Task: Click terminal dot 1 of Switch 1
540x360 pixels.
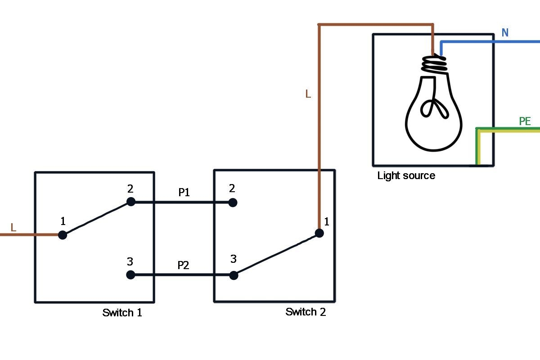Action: pyautogui.click(x=63, y=234)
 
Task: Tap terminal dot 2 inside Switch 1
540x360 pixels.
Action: pyautogui.click(x=130, y=202)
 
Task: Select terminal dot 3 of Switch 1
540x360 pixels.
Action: pyautogui.click(x=130, y=274)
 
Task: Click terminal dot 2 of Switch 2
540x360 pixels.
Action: pyautogui.click(x=233, y=202)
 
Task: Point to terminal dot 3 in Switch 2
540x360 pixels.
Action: pyautogui.click(x=234, y=275)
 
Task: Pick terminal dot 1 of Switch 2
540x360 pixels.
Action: pyautogui.click(x=319, y=233)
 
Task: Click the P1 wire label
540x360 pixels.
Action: pyautogui.click(x=184, y=193)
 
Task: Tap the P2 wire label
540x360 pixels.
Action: pyautogui.click(x=183, y=265)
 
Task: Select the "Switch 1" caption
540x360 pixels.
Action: pyautogui.click(x=122, y=313)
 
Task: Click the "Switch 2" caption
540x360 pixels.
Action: pyautogui.click(x=306, y=312)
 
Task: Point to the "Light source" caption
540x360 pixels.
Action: pyautogui.click(x=406, y=175)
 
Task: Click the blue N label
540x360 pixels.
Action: pyautogui.click(x=505, y=32)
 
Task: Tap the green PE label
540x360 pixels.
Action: pyautogui.click(x=525, y=121)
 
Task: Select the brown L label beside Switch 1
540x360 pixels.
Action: pyautogui.click(x=13, y=228)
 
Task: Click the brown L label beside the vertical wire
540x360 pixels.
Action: pyautogui.click(x=308, y=94)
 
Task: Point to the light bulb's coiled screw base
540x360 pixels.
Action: pyautogui.click(x=435, y=64)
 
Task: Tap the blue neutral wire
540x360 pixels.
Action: pyautogui.click(x=490, y=42)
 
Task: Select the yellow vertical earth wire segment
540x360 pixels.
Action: pyautogui.click(x=479, y=148)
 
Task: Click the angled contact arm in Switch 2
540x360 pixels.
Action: pyautogui.click(x=276, y=254)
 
